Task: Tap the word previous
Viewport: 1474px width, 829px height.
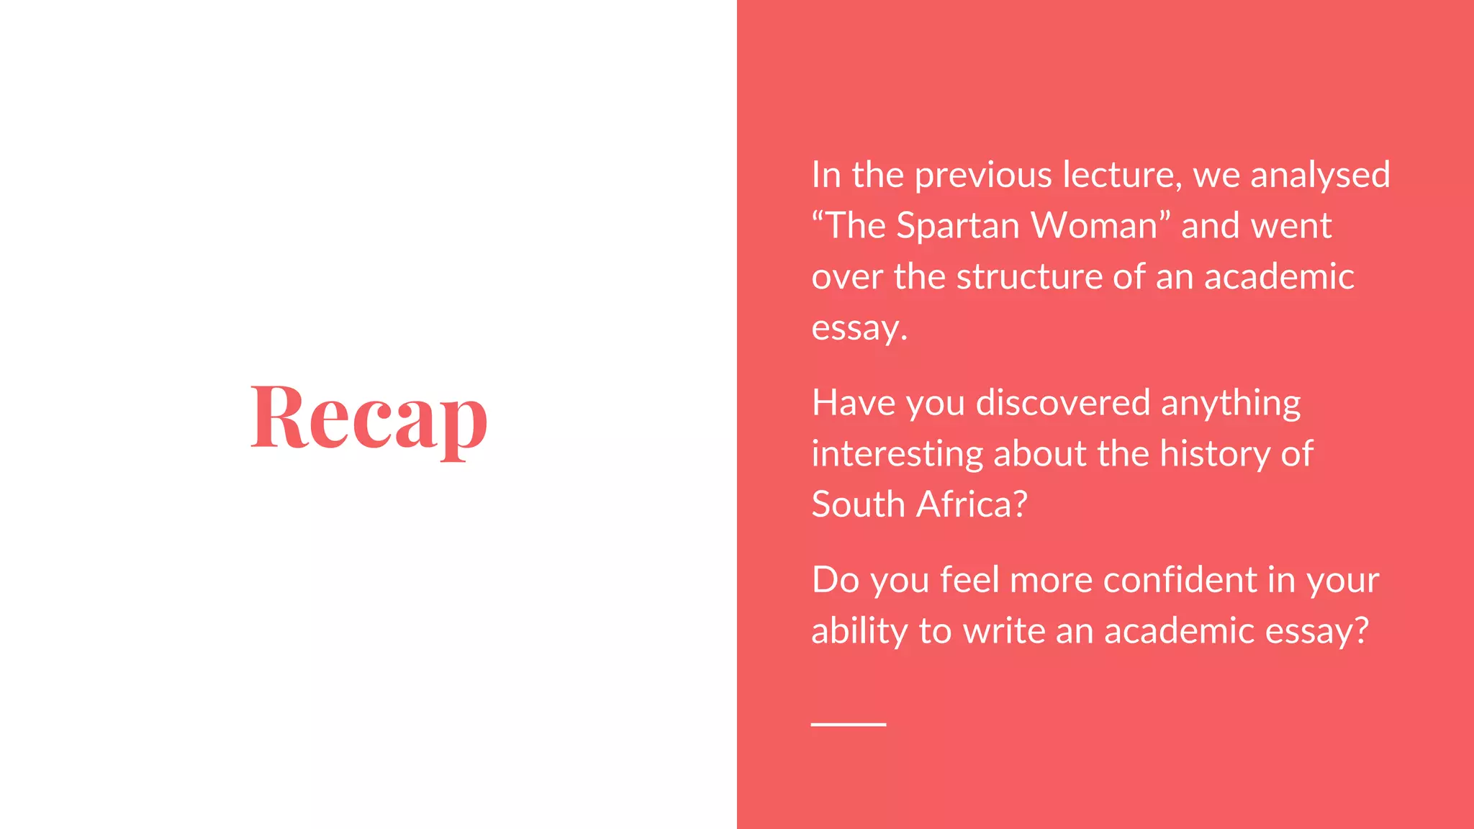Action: tap(983, 176)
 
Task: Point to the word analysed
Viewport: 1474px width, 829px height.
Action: tap(1320, 176)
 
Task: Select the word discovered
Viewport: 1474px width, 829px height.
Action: tap(1063, 403)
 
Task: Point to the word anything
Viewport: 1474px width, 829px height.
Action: tap(1231, 403)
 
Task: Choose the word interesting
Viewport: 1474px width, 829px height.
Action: tap(897, 454)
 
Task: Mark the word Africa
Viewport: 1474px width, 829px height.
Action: tap(971, 504)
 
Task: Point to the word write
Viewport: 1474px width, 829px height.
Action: tap(1004, 631)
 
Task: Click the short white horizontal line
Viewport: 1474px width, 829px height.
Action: tap(849, 724)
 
